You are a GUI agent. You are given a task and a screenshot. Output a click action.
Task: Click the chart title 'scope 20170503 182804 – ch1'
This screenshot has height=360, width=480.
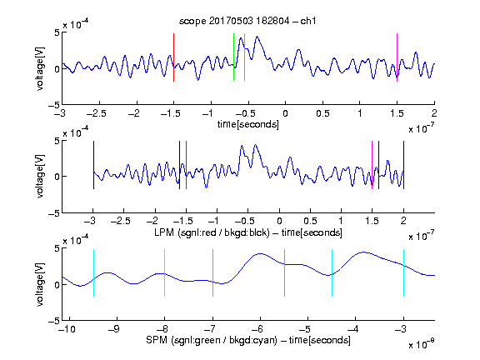(x=247, y=21)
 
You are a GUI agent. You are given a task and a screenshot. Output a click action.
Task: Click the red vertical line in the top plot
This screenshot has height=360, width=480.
(x=173, y=57)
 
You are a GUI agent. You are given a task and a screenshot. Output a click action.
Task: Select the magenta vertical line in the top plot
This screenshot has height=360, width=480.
(x=397, y=57)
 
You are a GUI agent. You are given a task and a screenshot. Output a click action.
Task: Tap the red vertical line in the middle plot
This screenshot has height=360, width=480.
(x=186, y=165)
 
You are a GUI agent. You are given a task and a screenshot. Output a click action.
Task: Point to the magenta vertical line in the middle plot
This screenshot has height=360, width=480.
(x=372, y=165)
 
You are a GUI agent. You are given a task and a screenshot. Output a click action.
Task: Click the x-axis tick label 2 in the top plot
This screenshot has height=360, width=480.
(x=434, y=113)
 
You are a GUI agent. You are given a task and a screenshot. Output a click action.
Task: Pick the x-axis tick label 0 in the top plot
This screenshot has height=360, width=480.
(x=285, y=113)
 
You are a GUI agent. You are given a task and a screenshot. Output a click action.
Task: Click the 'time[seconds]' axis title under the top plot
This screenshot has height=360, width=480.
(x=248, y=124)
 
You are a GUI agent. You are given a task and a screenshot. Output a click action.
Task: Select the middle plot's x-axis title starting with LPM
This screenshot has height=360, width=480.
(x=248, y=232)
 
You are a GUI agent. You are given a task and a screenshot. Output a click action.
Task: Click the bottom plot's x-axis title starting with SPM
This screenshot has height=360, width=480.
(x=248, y=340)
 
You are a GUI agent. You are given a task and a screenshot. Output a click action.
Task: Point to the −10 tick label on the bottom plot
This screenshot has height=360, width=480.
(x=67, y=329)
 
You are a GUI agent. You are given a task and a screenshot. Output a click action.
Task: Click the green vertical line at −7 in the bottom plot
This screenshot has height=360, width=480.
(x=212, y=272)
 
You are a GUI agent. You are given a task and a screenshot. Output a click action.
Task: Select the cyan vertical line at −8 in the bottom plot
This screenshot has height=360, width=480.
(x=164, y=272)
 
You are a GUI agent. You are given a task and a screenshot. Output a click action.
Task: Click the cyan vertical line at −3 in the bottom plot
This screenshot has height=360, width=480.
(x=403, y=272)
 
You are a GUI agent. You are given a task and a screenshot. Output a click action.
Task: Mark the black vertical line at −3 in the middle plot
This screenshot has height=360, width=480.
(x=93, y=165)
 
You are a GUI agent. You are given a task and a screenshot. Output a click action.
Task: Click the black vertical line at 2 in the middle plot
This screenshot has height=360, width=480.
(x=403, y=165)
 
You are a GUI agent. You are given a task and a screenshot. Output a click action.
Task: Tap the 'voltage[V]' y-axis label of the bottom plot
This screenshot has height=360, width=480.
(x=40, y=284)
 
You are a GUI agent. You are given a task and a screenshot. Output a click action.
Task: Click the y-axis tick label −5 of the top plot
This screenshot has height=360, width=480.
(x=54, y=105)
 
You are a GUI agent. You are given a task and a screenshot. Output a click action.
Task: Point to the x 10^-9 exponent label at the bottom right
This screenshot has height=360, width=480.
(x=421, y=344)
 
